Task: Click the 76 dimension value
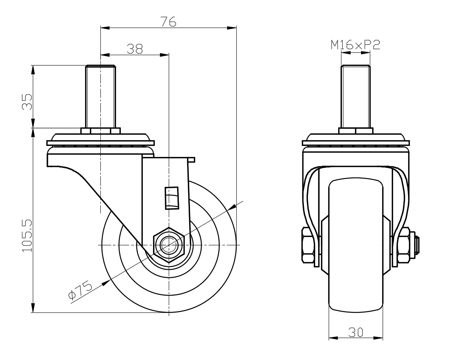point(168,22)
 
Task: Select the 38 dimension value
point(135,49)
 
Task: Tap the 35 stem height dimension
point(27,102)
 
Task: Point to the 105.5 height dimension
point(27,236)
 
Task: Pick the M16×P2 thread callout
point(355,45)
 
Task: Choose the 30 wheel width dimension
point(356,332)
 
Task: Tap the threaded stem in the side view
point(100,97)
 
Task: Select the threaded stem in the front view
point(355,97)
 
